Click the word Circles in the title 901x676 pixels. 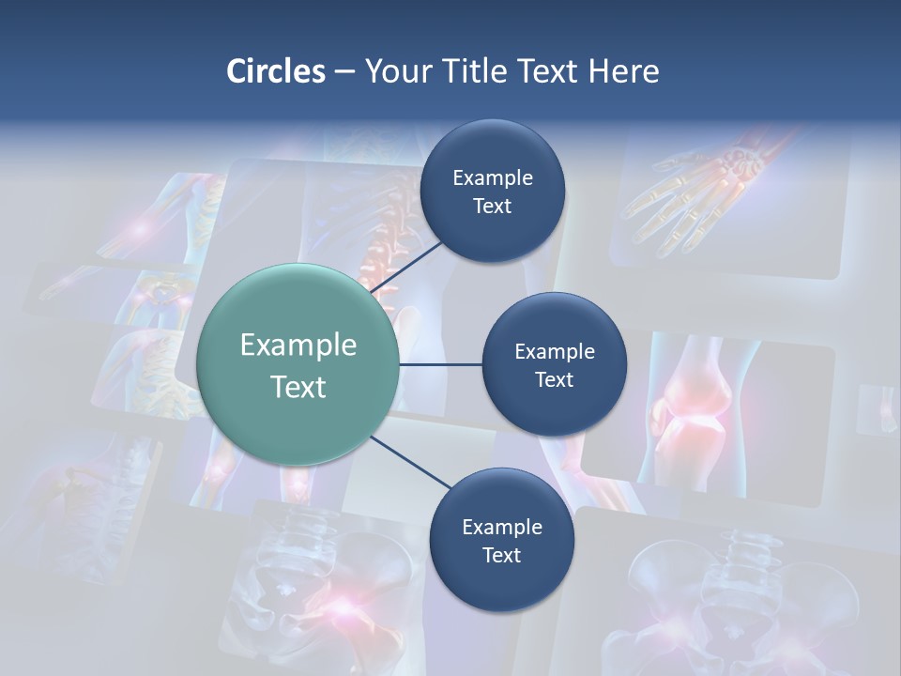(275, 70)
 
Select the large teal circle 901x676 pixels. (298, 364)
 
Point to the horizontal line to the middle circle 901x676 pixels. (441, 364)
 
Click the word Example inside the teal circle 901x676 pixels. (298, 345)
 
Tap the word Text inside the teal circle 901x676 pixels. (298, 387)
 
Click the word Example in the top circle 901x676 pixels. (493, 177)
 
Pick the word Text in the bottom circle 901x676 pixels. (501, 555)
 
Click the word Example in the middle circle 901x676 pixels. (554, 351)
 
